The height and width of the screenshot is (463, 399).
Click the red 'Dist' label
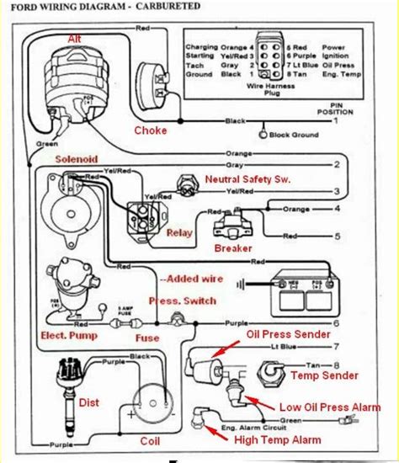89,402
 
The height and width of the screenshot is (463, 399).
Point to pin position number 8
337,365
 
